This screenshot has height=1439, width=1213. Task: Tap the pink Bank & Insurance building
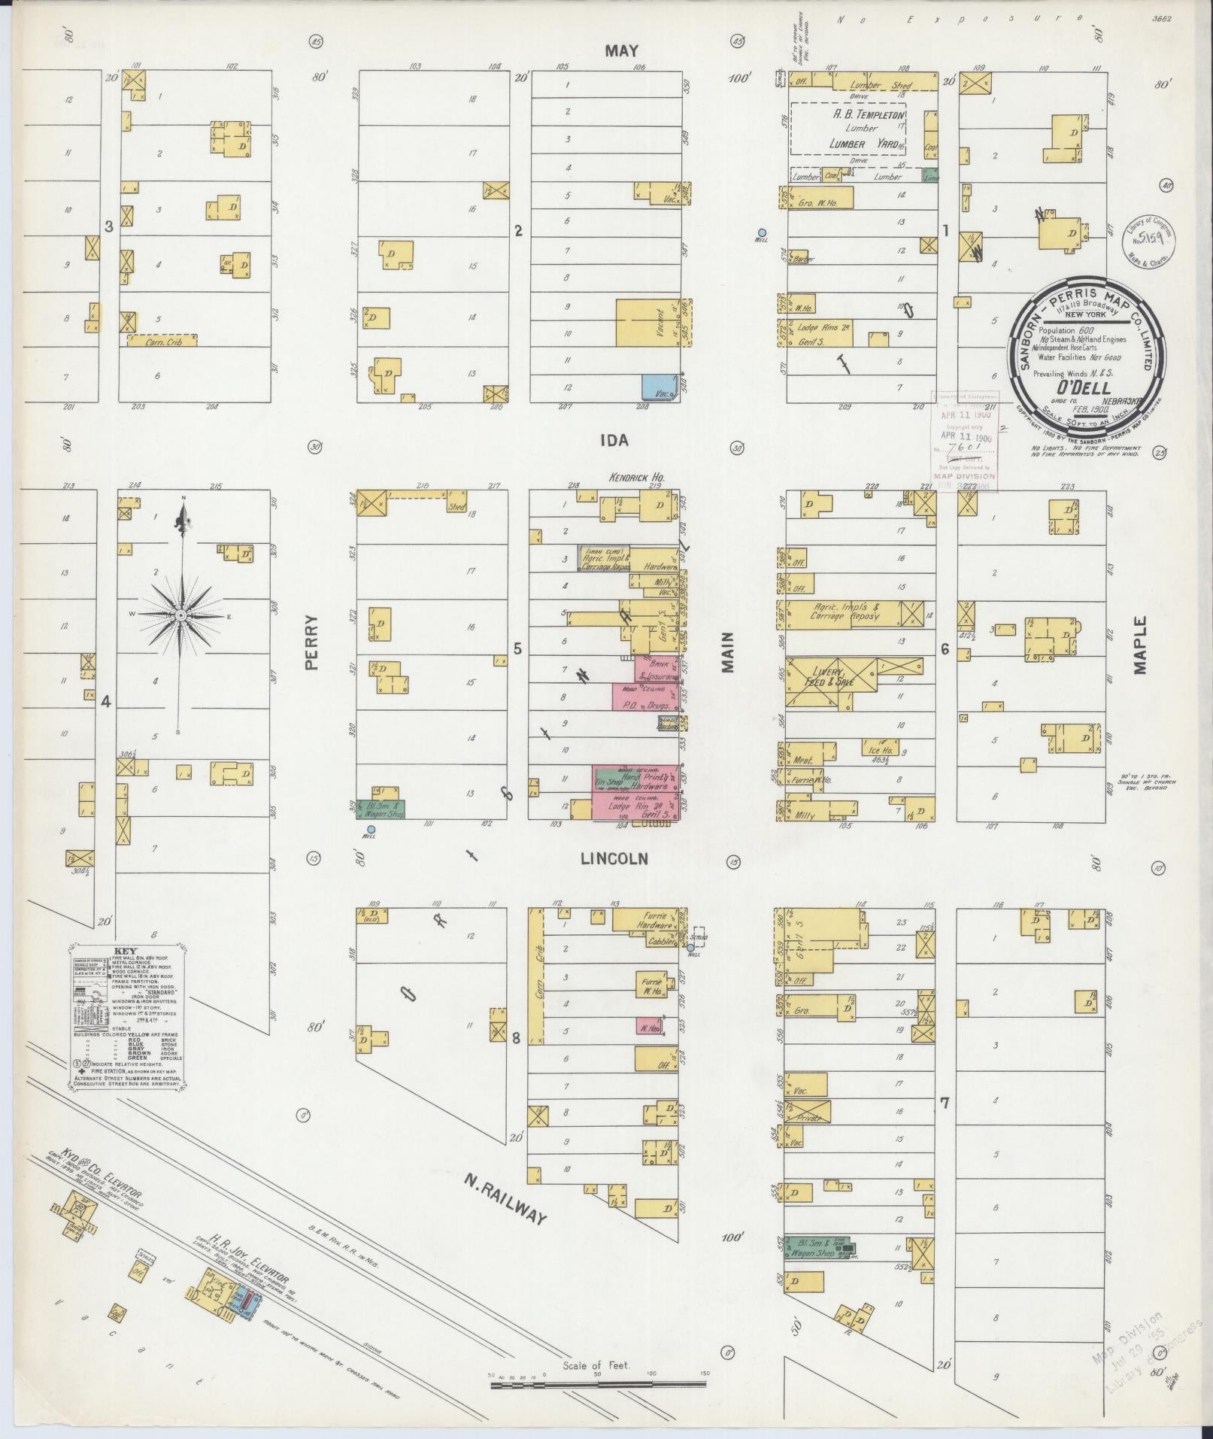[657, 669]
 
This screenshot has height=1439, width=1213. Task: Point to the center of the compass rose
[180, 615]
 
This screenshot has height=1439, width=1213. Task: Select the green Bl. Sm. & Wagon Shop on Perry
[381, 809]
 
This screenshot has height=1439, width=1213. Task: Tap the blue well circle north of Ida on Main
[762, 232]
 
